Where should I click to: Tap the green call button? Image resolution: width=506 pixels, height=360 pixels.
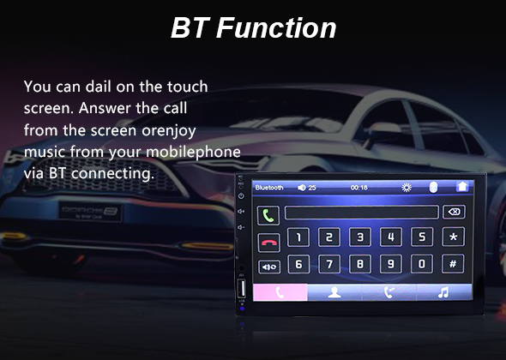pos(268,215)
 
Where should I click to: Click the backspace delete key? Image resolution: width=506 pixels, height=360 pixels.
pos(454,212)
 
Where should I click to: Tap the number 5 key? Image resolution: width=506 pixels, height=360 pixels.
pos(421,237)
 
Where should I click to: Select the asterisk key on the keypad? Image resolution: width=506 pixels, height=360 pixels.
pos(453,237)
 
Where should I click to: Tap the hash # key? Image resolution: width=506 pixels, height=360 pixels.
pos(453,264)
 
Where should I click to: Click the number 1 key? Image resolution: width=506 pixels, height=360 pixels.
pos(298,237)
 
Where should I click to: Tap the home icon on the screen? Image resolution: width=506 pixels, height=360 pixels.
pos(462,187)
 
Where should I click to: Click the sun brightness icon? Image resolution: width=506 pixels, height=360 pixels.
pos(407,188)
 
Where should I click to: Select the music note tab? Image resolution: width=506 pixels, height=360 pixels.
pos(443,292)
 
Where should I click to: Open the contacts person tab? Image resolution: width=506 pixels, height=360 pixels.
pos(334,292)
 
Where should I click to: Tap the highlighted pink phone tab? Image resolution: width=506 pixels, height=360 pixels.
pos(280,292)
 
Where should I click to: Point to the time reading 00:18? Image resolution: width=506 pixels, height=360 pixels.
pos(358,188)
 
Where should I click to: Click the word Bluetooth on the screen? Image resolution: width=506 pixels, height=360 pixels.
pos(269,188)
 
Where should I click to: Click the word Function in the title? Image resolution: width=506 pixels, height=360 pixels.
pos(276,27)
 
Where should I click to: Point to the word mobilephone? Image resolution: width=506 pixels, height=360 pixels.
pos(193,153)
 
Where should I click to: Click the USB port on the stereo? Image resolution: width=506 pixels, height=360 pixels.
pos(241,288)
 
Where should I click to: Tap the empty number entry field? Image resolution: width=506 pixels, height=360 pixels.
pos(361,213)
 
